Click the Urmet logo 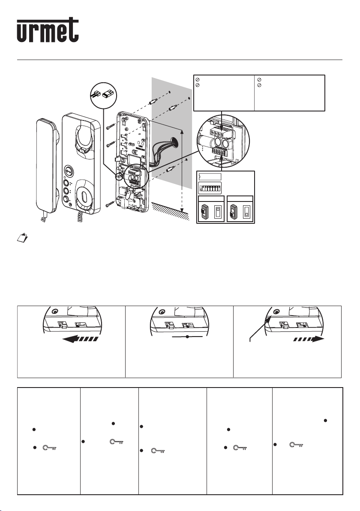(x=48, y=30)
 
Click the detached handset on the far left (x=47, y=166)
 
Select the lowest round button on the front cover (x=66, y=200)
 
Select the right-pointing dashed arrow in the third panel (x=309, y=339)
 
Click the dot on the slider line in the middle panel (x=187, y=337)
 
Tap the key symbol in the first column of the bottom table (x=50, y=448)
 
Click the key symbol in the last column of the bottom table (x=297, y=445)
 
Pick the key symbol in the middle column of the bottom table (x=158, y=451)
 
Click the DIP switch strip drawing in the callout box (x=210, y=188)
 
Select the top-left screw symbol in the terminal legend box (x=197, y=80)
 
